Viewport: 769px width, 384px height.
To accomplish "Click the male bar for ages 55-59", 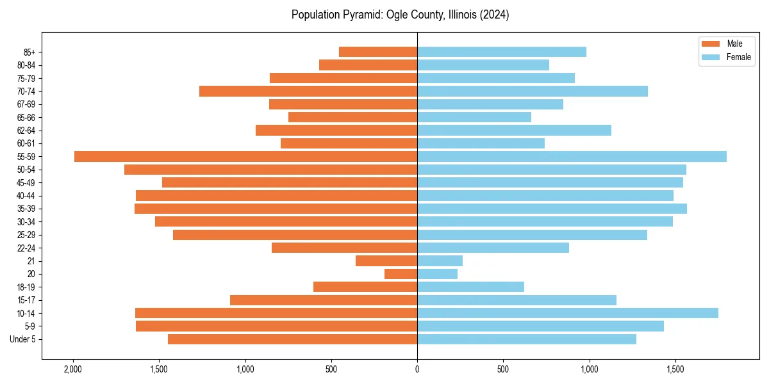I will click(x=245, y=157).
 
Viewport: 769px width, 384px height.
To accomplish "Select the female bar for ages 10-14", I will click(x=568, y=313).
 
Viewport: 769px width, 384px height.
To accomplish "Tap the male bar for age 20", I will click(x=401, y=274).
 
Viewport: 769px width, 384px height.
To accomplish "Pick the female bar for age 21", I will click(x=440, y=260).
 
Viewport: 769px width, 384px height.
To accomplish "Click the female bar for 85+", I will click(x=502, y=52).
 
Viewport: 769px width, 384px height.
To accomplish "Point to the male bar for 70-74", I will click(x=308, y=91).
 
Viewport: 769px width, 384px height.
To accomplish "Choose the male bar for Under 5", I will click(x=292, y=339).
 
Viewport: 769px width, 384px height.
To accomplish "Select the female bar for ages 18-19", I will click(x=470, y=287).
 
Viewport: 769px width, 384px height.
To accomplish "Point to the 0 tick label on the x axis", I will click(x=417, y=369).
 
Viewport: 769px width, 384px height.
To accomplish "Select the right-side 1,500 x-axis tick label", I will click(x=675, y=369).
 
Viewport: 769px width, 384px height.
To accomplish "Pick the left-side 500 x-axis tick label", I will click(x=331, y=369).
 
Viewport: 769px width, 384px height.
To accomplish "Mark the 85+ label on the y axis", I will click(x=29, y=52).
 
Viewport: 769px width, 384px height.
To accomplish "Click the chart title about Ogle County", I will click(x=400, y=15).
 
